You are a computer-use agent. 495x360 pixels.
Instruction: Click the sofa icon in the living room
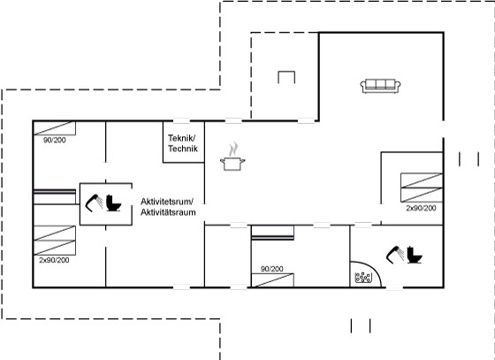(380, 86)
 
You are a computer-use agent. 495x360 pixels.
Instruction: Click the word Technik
(183, 149)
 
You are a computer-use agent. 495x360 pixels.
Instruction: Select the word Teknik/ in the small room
(182, 138)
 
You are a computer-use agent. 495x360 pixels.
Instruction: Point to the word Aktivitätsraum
(168, 212)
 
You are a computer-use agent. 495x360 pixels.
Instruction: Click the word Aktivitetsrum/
(167, 202)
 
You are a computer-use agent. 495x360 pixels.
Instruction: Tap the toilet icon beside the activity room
(113, 203)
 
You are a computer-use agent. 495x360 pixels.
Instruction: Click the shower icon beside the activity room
(94, 203)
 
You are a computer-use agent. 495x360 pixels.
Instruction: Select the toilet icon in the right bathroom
(415, 255)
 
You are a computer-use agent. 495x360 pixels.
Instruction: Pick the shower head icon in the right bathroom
(395, 255)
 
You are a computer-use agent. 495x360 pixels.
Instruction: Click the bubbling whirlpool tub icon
(363, 278)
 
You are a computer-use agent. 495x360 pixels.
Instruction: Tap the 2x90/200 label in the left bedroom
(54, 260)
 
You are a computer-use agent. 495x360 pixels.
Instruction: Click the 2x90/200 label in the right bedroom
(421, 208)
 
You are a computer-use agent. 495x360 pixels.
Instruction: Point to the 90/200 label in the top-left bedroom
(55, 141)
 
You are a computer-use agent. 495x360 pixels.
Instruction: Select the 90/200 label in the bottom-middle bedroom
(272, 269)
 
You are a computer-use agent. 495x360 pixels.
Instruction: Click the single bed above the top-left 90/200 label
(55, 128)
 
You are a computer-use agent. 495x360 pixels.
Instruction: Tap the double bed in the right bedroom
(422, 188)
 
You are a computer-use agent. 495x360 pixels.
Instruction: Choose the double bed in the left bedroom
(55, 241)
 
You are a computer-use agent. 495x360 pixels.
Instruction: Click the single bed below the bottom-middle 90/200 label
(272, 280)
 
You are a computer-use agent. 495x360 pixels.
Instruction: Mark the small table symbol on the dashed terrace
(286, 77)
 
